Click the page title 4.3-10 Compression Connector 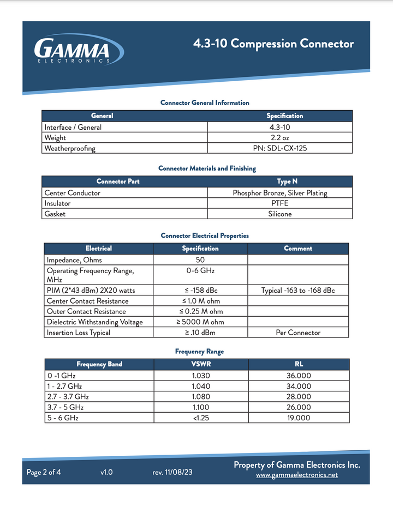273,44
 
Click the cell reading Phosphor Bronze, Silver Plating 280,192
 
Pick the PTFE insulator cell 280,203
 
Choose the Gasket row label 55,214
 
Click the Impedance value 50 200,260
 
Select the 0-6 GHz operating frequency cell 200,270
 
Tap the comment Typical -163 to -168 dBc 298,291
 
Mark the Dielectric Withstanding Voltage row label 94,322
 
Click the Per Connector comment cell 298,333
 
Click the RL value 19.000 299,418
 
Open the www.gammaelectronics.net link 297,475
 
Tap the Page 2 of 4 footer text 44,473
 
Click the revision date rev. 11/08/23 172,473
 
